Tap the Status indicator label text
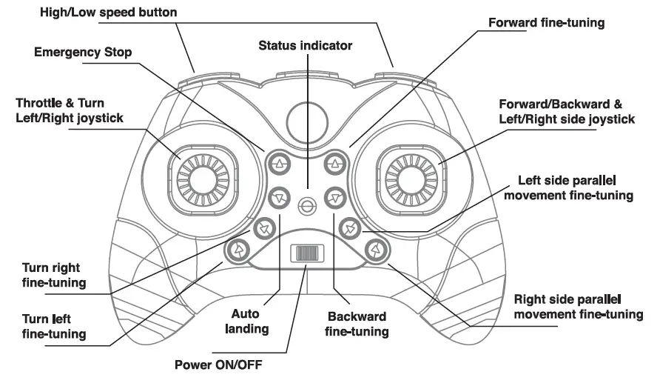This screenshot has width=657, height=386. pyautogui.click(x=305, y=46)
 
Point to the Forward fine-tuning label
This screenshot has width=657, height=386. pyautogui.click(x=547, y=22)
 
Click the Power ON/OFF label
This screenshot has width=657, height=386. pyautogui.click(x=218, y=365)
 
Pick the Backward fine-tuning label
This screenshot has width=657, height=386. pyautogui.click(x=357, y=325)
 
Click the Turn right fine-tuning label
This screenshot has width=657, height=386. pyautogui.click(x=53, y=275)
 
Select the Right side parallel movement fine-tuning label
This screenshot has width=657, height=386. pyautogui.click(x=578, y=307)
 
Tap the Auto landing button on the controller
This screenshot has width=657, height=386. pyautogui.click(x=279, y=197)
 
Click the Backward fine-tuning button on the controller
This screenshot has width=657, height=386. pyautogui.click(x=335, y=197)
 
